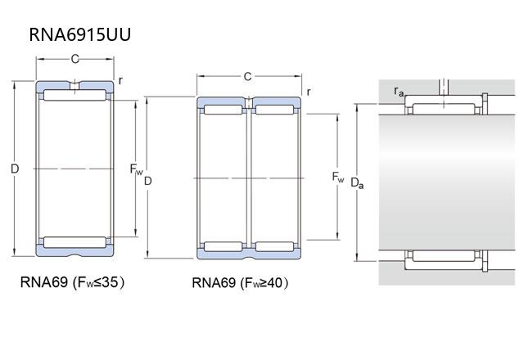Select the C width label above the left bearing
[75, 58]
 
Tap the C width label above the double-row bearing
[247, 76]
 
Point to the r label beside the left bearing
[120, 79]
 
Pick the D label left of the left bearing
[14, 169]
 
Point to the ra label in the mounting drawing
[399, 91]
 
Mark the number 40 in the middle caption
[277, 284]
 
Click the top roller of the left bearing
[75, 97]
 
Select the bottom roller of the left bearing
[75, 241]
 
